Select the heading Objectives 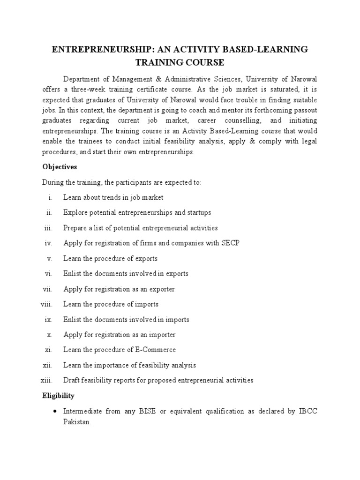pos(60,167)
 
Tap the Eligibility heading pos(59,396)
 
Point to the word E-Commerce pos(157,350)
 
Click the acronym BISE pos(146,411)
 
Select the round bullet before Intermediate pos(55,412)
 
